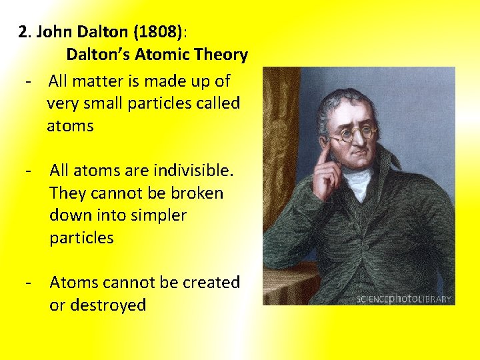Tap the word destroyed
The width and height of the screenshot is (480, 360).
(x=108, y=305)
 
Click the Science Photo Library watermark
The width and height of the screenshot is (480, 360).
(x=404, y=299)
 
